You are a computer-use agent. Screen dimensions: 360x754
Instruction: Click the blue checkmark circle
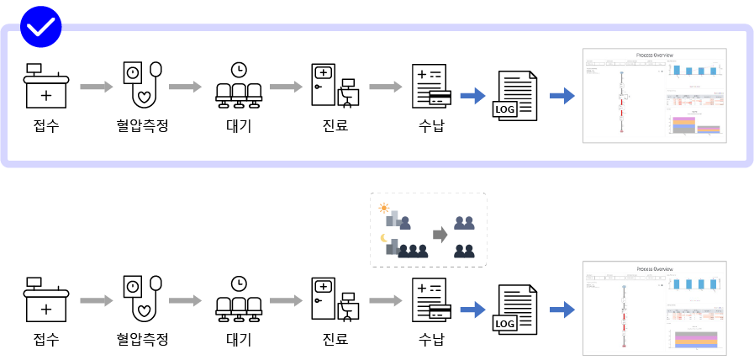(x=40, y=27)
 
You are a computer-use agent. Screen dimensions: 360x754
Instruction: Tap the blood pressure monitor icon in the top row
(x=140, y=85)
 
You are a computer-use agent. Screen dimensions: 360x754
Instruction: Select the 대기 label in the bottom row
(x=240, y=340)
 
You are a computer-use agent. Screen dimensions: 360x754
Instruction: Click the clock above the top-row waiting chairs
(x=240, y=69)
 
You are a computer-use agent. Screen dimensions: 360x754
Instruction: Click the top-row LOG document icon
(x=515, y=98)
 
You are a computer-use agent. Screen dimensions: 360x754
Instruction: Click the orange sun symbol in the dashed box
(x=385, y=207)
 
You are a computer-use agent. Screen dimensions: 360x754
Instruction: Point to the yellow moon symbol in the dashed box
(x=385, y=238)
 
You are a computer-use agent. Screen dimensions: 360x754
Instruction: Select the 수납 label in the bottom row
(x=431, y=340)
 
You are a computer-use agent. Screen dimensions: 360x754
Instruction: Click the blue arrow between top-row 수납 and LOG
(x=473, y=95)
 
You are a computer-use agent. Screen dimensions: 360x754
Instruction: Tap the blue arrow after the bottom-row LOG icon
(x=562, y=310)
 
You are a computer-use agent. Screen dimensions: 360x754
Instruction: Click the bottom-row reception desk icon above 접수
(x=45, y=299)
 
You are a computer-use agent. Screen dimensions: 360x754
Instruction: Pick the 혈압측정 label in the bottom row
(x=142, y=340)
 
